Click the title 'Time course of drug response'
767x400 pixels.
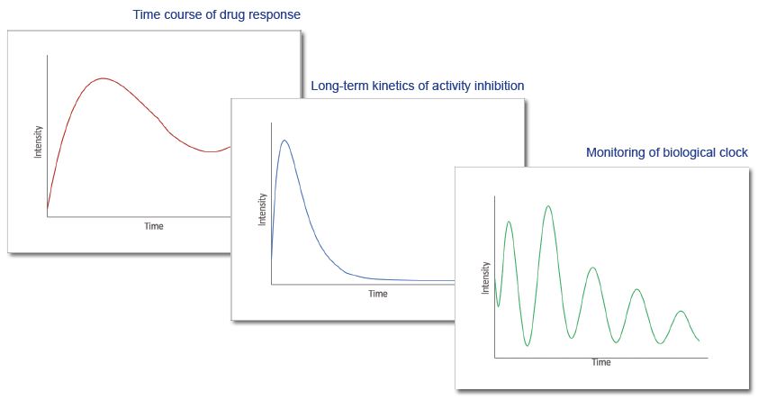216,14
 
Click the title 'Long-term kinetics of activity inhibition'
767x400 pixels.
417,86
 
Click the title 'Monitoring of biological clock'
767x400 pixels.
667,153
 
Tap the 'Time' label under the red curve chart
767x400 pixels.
154,226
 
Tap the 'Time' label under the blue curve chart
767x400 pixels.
378,294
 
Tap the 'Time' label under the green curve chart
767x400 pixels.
601,362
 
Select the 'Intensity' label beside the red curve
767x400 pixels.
38,142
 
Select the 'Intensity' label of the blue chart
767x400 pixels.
262,209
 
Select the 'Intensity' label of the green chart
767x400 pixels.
485,277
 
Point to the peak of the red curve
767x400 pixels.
104,78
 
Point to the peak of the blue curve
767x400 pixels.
284,141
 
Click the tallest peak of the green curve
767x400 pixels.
548,206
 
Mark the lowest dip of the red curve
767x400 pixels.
211,151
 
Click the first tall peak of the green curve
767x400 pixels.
510,222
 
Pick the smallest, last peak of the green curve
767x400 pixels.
681,312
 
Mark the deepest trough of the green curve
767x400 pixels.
528,346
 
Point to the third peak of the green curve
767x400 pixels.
593,268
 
